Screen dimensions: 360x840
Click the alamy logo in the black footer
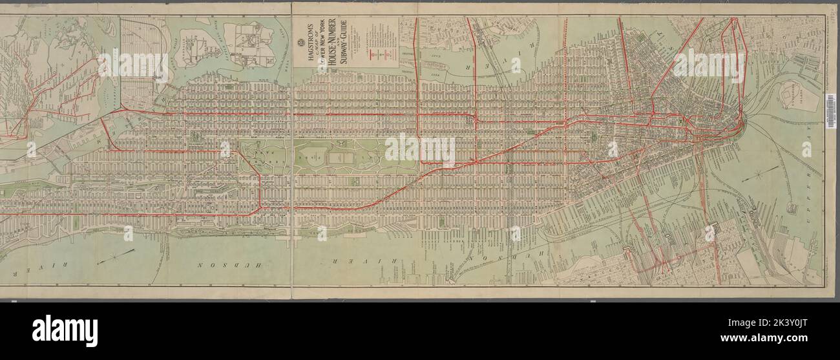[65, 331]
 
